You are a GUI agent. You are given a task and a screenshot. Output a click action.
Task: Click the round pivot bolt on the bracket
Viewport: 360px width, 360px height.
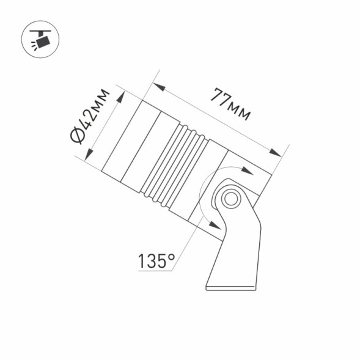230,198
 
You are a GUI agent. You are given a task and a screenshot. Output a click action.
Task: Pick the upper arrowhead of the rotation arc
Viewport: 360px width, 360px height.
247,172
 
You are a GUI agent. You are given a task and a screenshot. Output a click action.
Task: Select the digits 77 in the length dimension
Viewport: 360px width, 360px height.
219,98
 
